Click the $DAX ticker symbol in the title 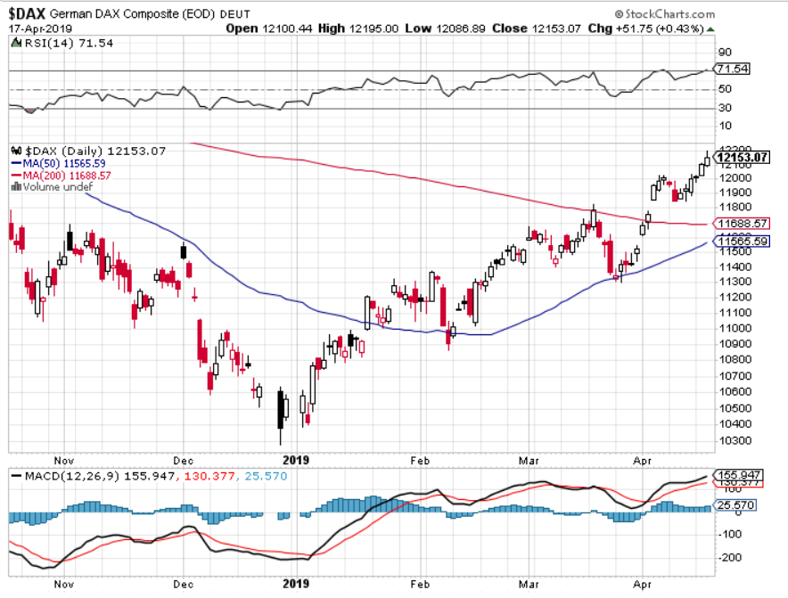[29, 13]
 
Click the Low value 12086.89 [457, 29]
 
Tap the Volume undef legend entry [54, 187]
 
